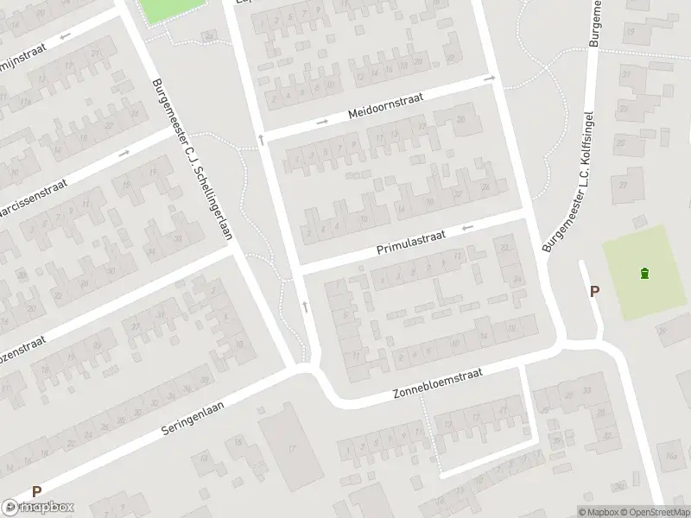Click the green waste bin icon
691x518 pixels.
644,275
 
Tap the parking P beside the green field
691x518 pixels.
594,292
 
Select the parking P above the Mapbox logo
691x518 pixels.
36,491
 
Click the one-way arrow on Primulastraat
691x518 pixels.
468,228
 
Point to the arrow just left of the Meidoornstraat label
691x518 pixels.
322,122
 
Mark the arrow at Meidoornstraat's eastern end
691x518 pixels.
489,79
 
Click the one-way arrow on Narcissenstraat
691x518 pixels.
124,153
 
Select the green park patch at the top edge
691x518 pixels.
171,9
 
